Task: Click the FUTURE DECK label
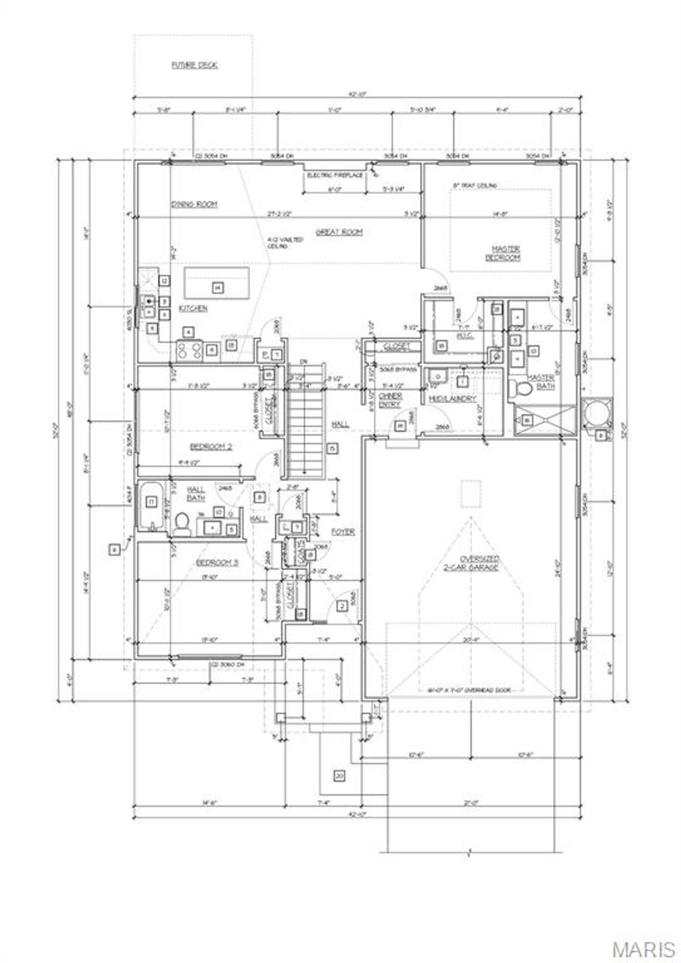click(x=195, y=65)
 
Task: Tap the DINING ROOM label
click(x=194, y=204)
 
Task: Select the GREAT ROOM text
click(x=339, y=231)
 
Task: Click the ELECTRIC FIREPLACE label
click(x=335, y=176)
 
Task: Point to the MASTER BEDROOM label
click(x=505, y=253)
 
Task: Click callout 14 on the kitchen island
click(x=216, y=287)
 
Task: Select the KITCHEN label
click(x=194, y=308)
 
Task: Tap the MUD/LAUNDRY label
click(x=452, y=399)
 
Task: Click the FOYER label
click(x=342, y=532)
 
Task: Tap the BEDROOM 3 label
click(x=217, y=563)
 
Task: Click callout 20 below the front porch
click(x=339, y=776)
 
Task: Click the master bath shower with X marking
click(x=545, y=419)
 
